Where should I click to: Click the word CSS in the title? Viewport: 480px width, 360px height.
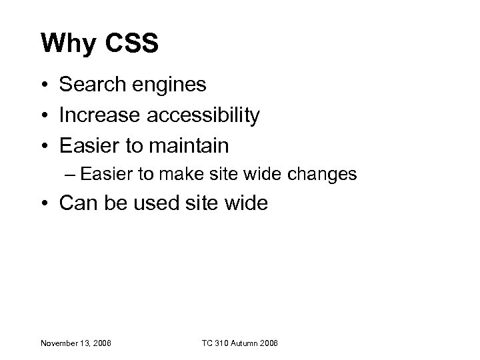128,44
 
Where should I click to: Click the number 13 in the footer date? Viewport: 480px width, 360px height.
85,343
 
